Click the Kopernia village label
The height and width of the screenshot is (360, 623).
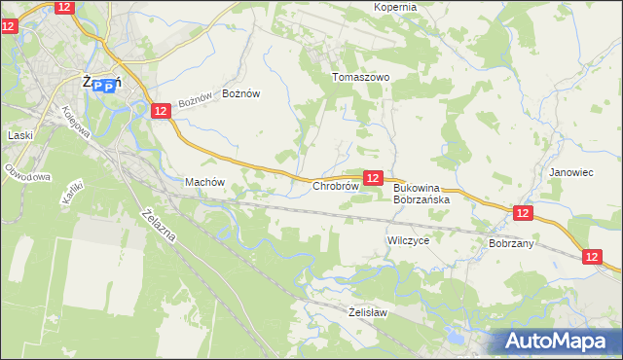395,7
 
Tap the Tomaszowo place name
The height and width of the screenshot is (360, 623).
361,77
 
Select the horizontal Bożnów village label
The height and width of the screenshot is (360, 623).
242,93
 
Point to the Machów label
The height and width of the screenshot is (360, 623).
204,182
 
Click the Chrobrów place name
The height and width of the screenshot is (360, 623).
336,185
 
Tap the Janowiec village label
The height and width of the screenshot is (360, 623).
571,172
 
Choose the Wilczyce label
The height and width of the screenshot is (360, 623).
408,239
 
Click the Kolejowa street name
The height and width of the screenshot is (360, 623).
82,122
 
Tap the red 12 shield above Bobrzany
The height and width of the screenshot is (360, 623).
523,213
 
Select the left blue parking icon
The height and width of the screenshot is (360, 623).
95,87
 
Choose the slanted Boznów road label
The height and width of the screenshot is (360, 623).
195,100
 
